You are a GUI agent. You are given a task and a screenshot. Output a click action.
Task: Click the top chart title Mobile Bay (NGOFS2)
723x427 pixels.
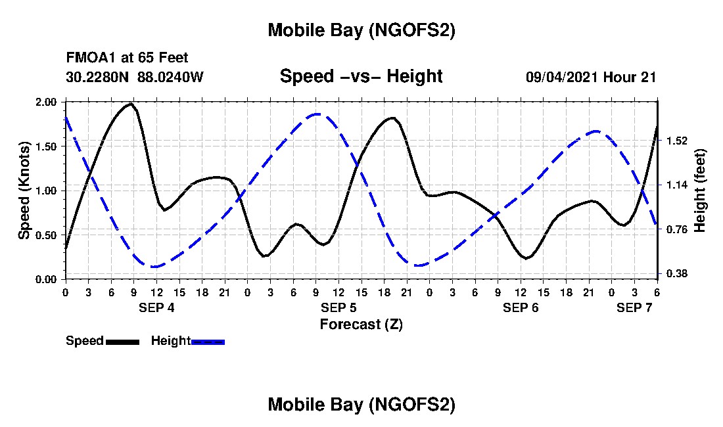(x=361, y=30)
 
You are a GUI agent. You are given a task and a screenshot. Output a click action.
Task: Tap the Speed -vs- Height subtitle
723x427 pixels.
(x=361, y=76)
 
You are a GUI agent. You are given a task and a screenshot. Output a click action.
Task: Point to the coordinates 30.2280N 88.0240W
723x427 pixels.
(x=135, y=77)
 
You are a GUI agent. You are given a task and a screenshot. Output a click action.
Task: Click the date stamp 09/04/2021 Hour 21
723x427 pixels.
(x=591, y=77)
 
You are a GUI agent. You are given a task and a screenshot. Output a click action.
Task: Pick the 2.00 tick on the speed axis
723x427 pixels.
(x=49, y=102)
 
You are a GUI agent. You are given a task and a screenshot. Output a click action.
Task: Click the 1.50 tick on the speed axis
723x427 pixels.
(x=49, y=146)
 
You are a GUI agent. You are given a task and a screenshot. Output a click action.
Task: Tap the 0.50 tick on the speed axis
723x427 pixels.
(x=49, y=235)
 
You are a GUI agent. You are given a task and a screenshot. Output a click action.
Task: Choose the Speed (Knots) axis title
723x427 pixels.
(x=24, y=191)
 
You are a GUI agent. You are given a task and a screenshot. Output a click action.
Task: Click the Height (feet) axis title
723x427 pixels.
(x=700, y=191)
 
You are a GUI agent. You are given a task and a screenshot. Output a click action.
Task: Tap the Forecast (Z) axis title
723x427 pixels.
(x=361, y=325)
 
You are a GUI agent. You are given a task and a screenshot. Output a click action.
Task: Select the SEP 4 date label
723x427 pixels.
(x=156, y=308)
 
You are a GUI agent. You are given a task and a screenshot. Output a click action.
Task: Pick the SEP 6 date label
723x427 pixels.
(x=521, y=308)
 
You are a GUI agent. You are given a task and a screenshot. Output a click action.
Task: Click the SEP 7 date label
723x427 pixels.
(x=634, y=308)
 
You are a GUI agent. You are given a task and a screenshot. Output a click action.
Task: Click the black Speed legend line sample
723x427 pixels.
(x=122, y=342)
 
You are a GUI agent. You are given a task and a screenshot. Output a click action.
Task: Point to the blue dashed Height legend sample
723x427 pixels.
(x=208, y=342)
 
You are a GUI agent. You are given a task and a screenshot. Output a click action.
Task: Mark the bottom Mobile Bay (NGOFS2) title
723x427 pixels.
(x=361, y=405)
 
